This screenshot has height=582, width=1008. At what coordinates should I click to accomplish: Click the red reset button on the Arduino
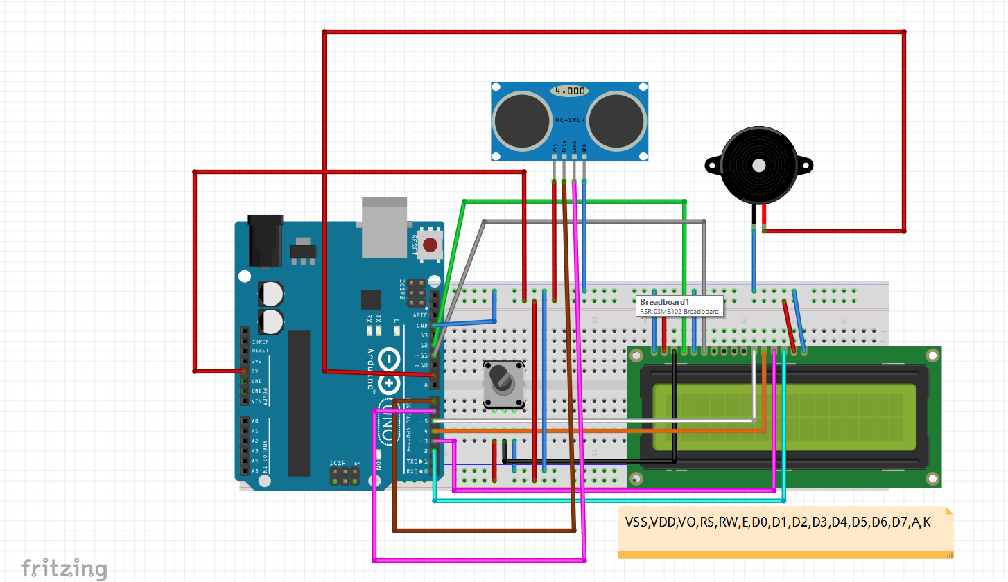(x=431, y=245)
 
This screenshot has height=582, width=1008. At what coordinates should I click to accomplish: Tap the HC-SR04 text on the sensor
(x=570, y=120)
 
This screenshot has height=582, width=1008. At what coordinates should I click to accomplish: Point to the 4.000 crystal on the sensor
(x=570, y=91)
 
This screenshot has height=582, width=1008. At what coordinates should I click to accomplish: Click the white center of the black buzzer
(x=758, y=166)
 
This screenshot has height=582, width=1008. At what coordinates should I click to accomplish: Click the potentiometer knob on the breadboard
(x=502, y=379)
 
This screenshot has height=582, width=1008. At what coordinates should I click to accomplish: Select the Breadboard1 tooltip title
(x=664, y=302)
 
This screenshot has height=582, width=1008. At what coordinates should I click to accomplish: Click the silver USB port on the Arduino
(x=385, y=225)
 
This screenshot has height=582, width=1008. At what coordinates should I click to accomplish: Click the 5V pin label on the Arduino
(x=256, y=371)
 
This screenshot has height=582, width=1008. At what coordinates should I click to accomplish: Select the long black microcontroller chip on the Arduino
(x=299, y=403)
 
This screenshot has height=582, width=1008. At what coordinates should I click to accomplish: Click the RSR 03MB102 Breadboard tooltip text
(x=679, y=312)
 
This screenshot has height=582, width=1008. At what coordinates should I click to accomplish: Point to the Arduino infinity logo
(x=390, y=371)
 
